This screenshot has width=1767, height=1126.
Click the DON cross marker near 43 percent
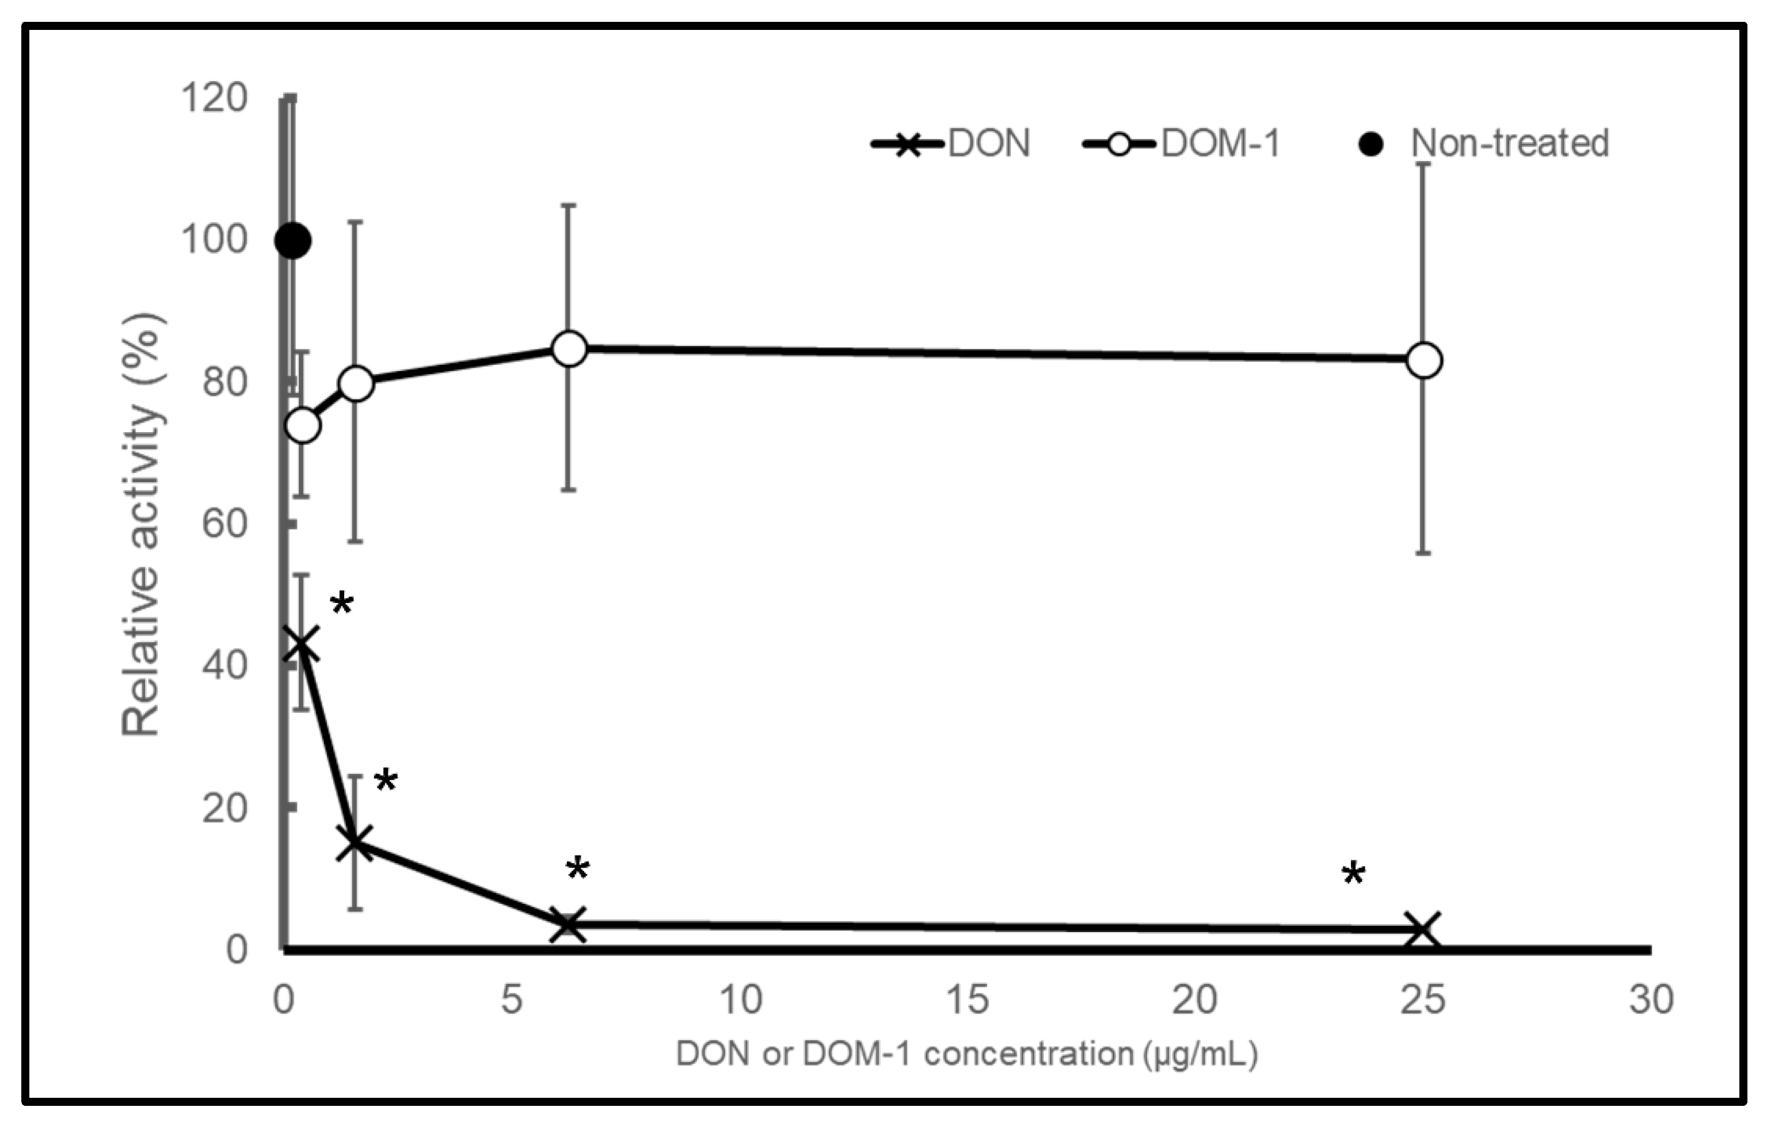pyautogui.click(x=302, y=643)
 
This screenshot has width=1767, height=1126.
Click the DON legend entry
pyautogui.click(x=951, y=144)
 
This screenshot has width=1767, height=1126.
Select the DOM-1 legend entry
pyautogui.click(x=1182, y=144)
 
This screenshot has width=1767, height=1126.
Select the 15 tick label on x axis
pyautogui.click(x=967, y=1000)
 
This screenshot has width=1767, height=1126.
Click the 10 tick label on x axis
pyautogui.click(x=740, y=1000)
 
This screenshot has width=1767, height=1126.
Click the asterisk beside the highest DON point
pyautogui.click(x=342, y=605)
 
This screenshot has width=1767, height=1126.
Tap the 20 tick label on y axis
pyautogui.click(x=224, y=808)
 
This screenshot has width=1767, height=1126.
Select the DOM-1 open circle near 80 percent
pyautogui.click(x=356, y=383)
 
